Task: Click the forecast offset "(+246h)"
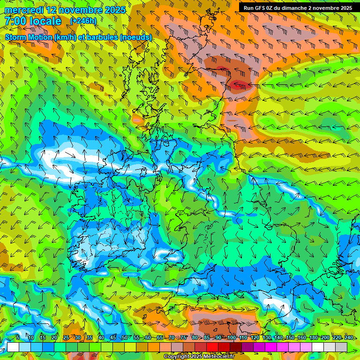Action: coord(83,21)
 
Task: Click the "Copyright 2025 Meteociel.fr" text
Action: coord(198,357)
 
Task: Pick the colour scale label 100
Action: coord(231,337)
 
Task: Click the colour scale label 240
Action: coord(349,337)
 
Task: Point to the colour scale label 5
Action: coord(17,337)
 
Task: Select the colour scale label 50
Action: coord(124,337)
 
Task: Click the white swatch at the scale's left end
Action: coord(13,347)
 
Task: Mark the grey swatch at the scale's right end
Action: coord(341,347)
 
